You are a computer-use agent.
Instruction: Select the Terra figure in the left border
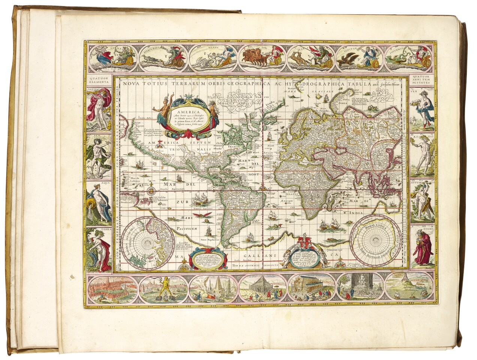(99, 249)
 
